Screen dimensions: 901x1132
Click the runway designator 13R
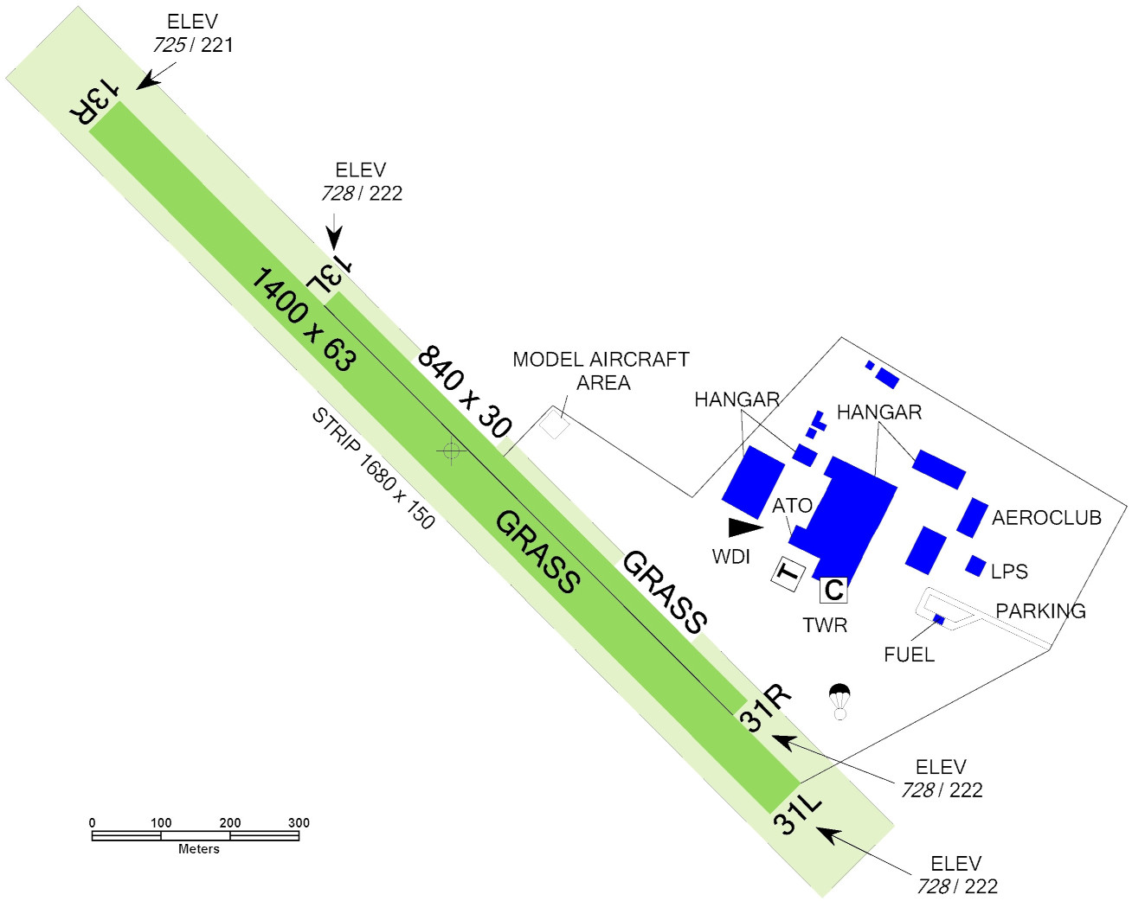tap(93, 101)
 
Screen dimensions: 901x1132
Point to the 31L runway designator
tap(796, 813)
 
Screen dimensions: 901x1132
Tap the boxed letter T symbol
tap(788, 573)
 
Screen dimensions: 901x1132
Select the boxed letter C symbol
tap(833, 590)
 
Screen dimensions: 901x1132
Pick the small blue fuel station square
tap(938, 619)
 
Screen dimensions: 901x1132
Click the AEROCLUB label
tap(1046, 518)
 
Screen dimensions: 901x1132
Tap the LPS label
tap(1009, 572)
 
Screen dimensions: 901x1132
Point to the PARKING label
tap(1040, 611)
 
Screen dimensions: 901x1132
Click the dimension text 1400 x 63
tap(303, 319)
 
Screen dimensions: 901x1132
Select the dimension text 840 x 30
tap(465, 392)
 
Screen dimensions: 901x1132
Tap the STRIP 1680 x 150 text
tap(373, 468)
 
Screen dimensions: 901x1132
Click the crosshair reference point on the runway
tap(450, 450)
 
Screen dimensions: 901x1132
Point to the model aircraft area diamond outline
tap(554, 425)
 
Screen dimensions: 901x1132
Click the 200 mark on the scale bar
tap(230, 822)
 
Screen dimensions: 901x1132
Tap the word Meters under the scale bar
tap(198, 849)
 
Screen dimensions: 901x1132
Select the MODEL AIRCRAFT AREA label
tap(601, 371)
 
